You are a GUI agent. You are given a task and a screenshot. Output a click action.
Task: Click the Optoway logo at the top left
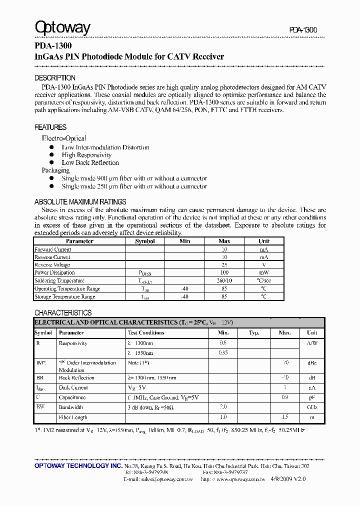[62, 27]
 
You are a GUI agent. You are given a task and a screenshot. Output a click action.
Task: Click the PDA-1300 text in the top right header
[303, 30]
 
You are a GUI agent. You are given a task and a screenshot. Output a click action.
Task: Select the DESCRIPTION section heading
[55, 78]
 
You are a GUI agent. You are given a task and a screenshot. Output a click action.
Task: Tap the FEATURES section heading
[50, 127]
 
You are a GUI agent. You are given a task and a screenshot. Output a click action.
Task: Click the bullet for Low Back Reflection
[51, 162]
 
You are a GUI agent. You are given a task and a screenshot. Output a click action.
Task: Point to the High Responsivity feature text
[86, 155]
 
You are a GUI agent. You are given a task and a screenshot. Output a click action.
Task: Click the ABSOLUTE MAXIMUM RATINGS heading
[80, 201]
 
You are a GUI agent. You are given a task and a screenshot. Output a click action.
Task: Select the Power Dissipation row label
[54, 273]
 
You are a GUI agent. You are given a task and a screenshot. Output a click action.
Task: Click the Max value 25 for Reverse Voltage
[224, 265]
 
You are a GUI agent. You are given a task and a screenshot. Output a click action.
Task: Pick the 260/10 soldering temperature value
[224, 281]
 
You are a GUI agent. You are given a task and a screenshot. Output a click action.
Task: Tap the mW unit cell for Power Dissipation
[264, 273]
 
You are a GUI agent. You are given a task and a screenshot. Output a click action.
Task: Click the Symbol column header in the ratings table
[145, 241]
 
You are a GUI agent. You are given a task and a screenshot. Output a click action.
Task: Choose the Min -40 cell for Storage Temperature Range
[185, 297]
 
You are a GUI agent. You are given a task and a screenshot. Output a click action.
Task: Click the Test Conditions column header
[146, 332]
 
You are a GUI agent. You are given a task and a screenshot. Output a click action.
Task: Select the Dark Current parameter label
[73, 387]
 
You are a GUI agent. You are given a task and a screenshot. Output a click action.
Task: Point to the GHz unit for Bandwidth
[312, 407]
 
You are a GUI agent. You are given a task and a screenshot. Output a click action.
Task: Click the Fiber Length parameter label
[73, 417]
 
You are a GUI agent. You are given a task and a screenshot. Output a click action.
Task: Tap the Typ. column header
[254, 332]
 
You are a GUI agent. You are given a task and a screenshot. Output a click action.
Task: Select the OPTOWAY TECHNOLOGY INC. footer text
[78, 465]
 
